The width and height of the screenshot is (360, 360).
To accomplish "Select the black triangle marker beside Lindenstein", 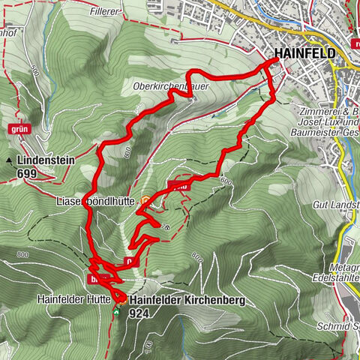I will click(x=9, y=160).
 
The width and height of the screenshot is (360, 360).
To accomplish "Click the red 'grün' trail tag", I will click(x=19, y=128).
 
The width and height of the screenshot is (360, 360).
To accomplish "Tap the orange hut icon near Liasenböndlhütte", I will click(x=145, y=200).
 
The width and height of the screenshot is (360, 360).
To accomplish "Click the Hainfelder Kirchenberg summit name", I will click(x=187, y=300).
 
